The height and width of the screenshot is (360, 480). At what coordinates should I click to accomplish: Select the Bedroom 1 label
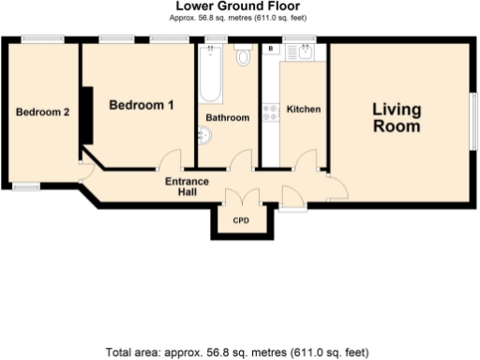point(142,105)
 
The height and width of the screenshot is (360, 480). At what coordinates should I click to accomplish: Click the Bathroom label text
point(228,118)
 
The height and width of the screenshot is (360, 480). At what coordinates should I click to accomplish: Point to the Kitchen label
point(303,110)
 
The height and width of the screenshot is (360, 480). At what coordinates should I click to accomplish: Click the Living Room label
point(397,117)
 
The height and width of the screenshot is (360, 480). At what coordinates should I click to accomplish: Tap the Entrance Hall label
point(187,186)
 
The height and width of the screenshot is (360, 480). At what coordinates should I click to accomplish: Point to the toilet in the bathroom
point(244,56)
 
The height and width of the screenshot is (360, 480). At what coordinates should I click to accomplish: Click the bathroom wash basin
point(203,137)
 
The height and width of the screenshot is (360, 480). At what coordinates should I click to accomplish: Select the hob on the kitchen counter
point(271,112)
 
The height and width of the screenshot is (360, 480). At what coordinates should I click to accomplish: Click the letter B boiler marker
point(271,47)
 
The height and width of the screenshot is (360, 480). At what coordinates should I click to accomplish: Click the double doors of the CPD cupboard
point(242,199)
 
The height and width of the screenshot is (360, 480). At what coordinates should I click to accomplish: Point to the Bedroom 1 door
point(170,161)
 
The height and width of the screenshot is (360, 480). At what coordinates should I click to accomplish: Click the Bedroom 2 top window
point(43,38)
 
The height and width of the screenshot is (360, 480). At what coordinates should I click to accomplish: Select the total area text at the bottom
point(238,352)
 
